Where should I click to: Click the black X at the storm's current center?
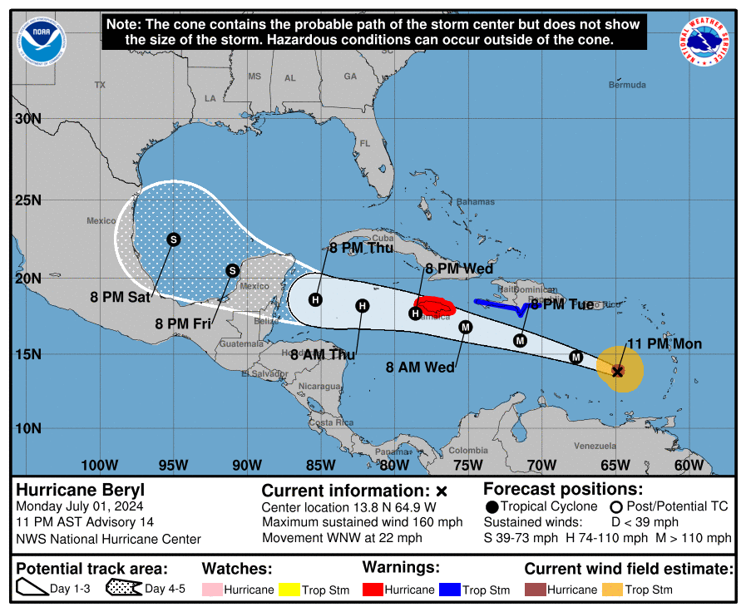pyautogui.click(x=618, y=371)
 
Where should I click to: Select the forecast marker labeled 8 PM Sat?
pyautogui.click(x=174, y=239)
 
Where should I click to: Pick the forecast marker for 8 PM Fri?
pyautogui.click(x=233, y=270)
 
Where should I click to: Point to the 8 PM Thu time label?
pyautogui.click(x=362, y=248)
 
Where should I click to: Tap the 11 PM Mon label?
pyautogui.click(x=664, y=344)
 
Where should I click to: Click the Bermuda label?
pyautogui.click(x=627, y=85)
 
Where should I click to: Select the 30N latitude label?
pyautogui.click(x=28, y=119)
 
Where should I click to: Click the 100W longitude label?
pyautogui.click(x=99, y=466)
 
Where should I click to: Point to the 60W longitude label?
pyautogui.click(x=689, y=466)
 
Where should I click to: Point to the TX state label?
pyautogui.click(x=101, y=85)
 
